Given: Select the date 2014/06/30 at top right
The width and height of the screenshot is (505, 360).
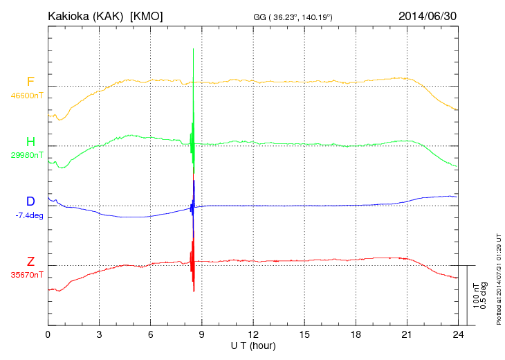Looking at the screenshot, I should (427, 16).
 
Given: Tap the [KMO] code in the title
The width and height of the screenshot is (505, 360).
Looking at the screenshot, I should (147, 16).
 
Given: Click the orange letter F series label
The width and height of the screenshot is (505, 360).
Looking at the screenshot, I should (30, 82).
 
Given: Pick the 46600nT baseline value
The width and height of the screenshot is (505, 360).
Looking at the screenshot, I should (26, 96).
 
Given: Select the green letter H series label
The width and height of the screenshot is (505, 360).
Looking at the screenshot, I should (30, 141).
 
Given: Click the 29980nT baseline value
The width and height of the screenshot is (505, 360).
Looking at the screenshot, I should (26, 155).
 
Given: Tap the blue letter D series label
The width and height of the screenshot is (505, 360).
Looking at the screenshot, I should (30, 201).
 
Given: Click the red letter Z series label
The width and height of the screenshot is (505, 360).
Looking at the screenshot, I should (30, 261).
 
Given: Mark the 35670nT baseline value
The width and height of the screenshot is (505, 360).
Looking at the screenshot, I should (26, 275).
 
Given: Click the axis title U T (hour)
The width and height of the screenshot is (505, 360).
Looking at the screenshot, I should (253, 345).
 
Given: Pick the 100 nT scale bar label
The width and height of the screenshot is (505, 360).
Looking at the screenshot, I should (475, 296).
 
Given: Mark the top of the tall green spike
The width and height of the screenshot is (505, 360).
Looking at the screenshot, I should (193, 48).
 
